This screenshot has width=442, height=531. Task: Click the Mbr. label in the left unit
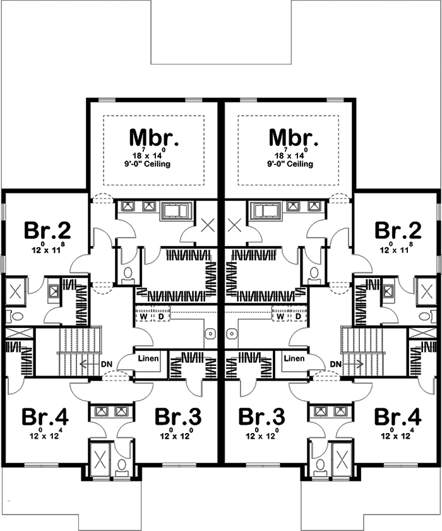154,137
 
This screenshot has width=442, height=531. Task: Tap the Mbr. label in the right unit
293,137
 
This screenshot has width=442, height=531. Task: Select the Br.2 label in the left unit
47,231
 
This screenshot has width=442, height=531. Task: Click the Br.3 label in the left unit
178,417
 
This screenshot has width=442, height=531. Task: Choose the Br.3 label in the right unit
261,417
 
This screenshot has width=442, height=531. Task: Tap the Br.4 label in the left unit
45,417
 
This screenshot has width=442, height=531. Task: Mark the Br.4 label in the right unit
397,417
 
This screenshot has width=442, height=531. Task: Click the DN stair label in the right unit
336,364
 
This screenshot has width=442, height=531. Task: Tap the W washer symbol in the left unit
144,315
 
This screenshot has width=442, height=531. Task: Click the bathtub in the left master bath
176,210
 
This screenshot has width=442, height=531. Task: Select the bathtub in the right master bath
266,210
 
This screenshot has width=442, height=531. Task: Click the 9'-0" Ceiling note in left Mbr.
154,164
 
